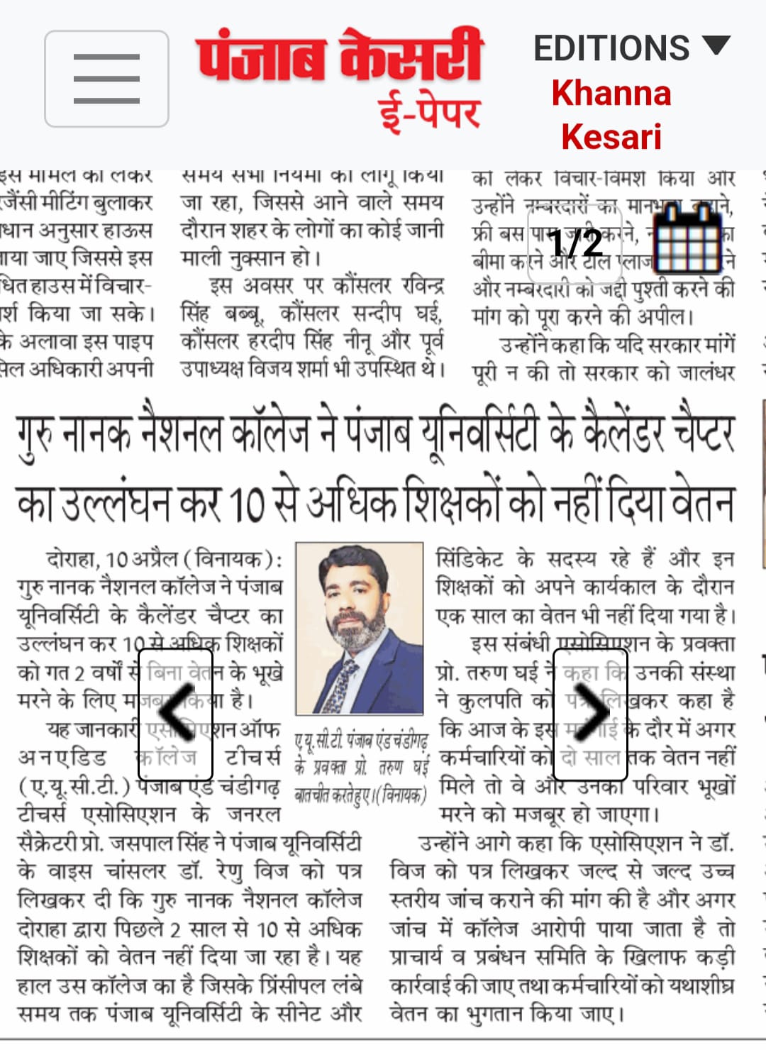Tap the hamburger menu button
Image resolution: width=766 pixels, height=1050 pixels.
(x=106, y=79)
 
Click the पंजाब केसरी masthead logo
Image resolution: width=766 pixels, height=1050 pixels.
(x=339, y=56)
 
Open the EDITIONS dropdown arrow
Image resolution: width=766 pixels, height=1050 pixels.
(x=716, y=46)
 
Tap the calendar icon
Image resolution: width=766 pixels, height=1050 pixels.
(x=687, y=240)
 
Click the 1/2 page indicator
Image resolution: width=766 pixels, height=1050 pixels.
(x=575, y=243)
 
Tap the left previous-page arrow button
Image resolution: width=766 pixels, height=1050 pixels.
(x=175, y=713)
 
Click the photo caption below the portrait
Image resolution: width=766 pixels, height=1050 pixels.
(x=361, y=768)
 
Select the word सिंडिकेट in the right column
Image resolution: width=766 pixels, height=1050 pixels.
(x=470, y=559)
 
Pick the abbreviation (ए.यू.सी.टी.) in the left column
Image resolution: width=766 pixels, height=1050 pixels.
(x=74, y=786)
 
